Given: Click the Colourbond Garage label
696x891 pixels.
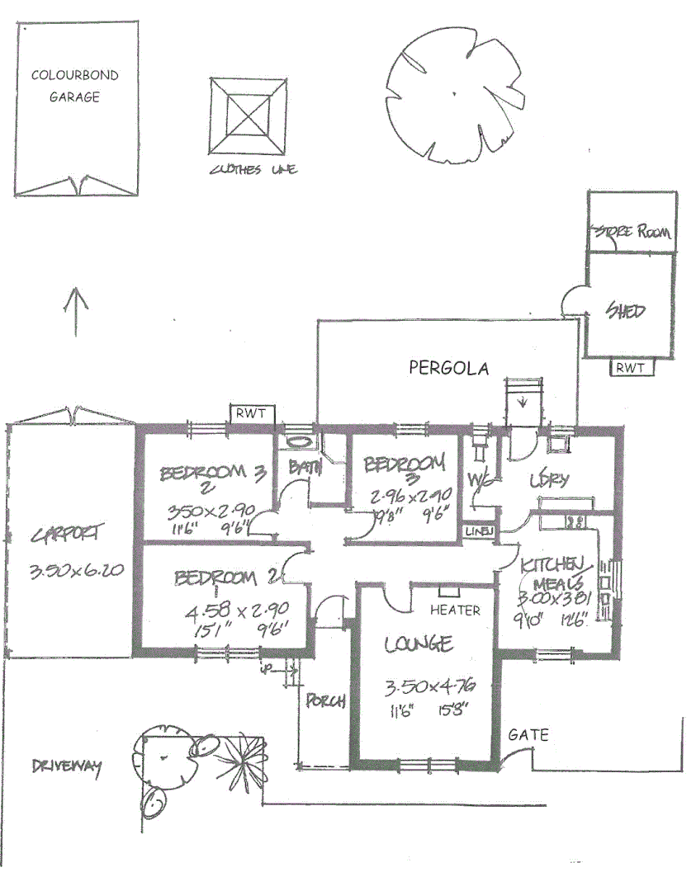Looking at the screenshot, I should point(74,86).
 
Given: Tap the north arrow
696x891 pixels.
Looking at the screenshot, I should point(75,311).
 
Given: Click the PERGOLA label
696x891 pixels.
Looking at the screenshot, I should point(448,368).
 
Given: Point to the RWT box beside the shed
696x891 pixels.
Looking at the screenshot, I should point(631,369).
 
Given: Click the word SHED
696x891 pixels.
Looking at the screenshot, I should point(625,311).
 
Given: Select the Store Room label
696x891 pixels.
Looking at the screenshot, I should point(632,233).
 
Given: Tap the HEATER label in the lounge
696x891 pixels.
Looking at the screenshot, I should point(455,610).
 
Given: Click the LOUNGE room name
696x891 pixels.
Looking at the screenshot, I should point(418,643).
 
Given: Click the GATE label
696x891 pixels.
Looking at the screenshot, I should point(528,734).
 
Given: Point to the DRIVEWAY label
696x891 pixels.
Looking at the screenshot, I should point(66,767).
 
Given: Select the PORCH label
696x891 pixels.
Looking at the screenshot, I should point(324,701).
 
